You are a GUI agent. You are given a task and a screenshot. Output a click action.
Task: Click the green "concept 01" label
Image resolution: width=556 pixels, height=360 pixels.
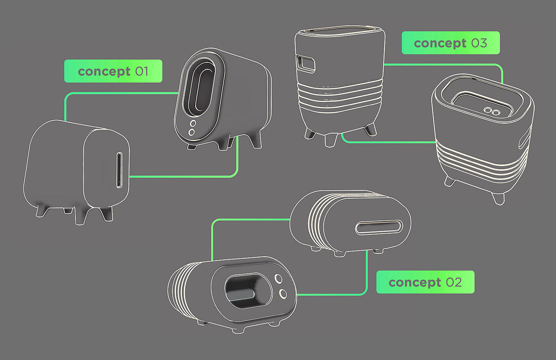[x=113, y=71]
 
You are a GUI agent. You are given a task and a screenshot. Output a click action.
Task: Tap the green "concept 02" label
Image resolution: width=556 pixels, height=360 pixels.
[x=425, y=282]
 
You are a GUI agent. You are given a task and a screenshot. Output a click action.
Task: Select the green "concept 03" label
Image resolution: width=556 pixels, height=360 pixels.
[x=450, y=43]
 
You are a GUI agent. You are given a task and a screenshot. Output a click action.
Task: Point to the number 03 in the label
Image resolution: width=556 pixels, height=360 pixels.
[x=479, y=43]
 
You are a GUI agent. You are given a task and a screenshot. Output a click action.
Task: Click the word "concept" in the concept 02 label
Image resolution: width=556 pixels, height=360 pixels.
[x=415, y=283]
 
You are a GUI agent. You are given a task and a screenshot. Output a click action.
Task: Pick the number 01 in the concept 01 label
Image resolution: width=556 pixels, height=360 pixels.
[x=142, y=71]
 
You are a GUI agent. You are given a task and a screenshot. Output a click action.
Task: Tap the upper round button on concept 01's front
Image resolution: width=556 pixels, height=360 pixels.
[x=193, y=124]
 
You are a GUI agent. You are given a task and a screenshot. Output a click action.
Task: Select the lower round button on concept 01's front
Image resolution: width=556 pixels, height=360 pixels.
[x=192, y=132]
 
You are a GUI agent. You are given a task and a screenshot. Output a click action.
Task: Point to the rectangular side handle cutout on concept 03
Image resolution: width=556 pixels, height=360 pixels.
[x=305, y=63]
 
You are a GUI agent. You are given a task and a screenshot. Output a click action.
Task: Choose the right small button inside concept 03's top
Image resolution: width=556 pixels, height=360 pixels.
[x=496, y=112]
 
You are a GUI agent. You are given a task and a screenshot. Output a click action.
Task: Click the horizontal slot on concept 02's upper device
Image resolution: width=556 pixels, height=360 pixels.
[x=379, y=227]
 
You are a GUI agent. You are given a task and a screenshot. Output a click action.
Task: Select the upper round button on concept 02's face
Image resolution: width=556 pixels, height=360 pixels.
[x=278, y=279]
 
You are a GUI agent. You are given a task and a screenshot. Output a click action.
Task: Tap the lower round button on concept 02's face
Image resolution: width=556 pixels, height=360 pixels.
[x=283, y=294]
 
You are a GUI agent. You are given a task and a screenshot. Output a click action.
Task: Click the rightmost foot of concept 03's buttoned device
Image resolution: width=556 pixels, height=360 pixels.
[x=498, y=198]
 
